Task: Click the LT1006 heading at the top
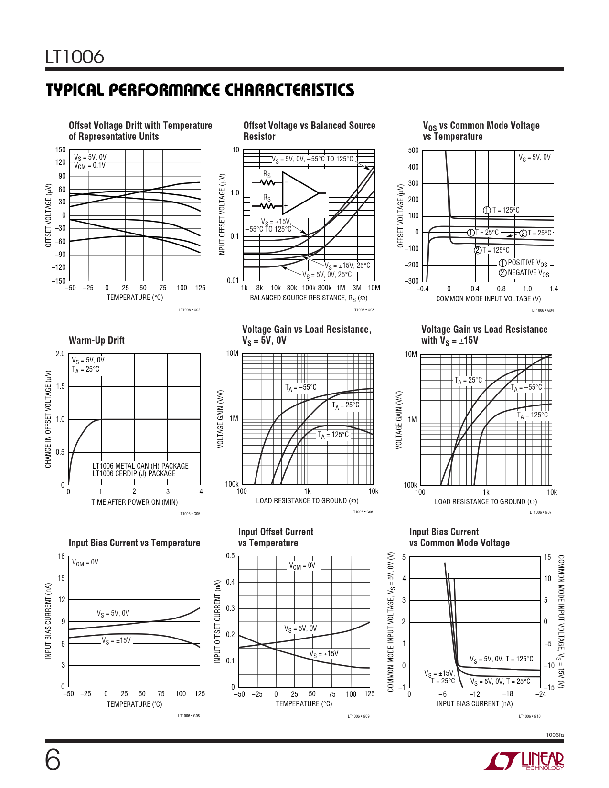[75, 57]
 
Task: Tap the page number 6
[53, 760]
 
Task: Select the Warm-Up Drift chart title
[96, 340]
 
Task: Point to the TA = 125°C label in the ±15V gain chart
[533, 415]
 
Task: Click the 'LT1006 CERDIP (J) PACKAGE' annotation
[134, 474]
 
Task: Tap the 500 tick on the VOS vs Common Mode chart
[413, 150]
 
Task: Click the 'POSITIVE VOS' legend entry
[524, 263]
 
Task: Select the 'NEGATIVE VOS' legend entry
[524, 273]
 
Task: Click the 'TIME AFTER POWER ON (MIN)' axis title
[134, 502]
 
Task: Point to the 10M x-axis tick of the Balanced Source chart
[374, 288]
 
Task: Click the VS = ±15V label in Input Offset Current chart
[323, 654]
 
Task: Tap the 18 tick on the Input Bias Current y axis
[61, 556]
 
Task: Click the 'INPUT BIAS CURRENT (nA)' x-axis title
[474, 703]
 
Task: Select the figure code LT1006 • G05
[189, 514]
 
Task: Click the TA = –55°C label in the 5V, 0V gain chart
[301, 387]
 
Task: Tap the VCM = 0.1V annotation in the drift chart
[90, 165]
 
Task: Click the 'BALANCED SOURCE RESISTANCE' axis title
[309, 298]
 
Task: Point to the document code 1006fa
[555, 735]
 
